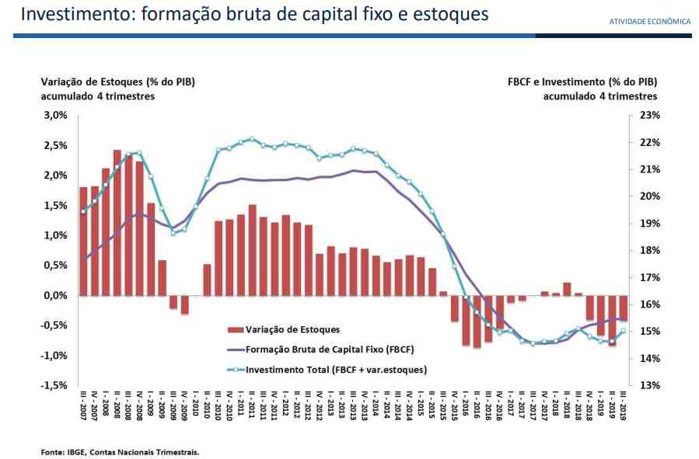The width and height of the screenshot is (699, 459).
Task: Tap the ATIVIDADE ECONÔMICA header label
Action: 650,21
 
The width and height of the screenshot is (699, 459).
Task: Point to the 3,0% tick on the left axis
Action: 56,115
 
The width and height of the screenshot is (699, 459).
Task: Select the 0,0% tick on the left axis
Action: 56,295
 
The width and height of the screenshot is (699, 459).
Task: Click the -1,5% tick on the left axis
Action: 54,385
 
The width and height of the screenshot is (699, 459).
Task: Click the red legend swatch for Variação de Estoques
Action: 234,329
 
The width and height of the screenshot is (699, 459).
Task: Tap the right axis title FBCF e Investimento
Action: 582,82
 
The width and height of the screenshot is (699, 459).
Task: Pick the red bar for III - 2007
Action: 83,242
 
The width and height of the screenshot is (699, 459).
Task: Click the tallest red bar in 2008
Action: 117,223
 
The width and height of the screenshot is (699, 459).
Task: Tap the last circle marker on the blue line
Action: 624,331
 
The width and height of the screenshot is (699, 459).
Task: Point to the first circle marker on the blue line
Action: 83,211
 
